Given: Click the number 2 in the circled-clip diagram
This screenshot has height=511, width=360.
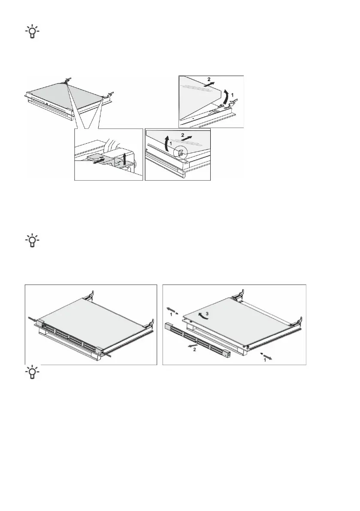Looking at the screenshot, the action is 183,134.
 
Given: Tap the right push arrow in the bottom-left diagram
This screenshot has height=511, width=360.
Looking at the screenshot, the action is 108,355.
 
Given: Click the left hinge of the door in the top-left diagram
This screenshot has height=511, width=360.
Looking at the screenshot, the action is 67,79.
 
